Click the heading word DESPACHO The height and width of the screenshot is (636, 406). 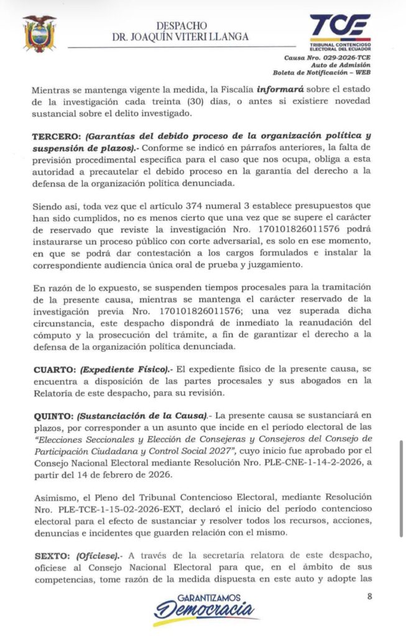[x=180, y=25]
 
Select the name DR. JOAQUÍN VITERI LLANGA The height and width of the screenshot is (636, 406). [x=180, y=37]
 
